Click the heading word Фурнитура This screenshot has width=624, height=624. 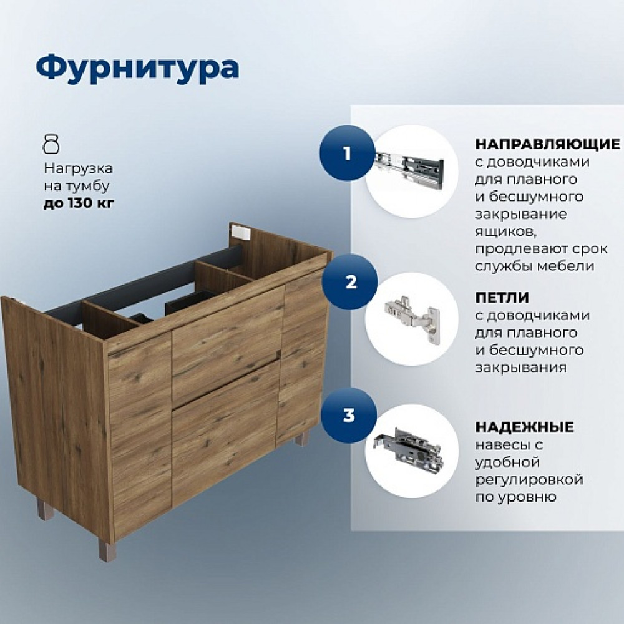[138, 69]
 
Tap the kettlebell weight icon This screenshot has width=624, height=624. [51, 144]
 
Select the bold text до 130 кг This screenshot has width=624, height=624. [79, 203]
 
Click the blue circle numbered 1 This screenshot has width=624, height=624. [348, 153]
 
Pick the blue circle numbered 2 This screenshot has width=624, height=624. [350, 282]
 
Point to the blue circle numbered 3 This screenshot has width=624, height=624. [349, 415]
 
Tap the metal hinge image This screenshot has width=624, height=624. [412, 318]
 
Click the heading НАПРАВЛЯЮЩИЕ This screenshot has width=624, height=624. [548, 144]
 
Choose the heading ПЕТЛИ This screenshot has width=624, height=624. [502, 297]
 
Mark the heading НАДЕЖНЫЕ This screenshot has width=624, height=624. [525, 427]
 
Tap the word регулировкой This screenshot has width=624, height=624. [529, 480]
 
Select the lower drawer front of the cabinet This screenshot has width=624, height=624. [224, 429]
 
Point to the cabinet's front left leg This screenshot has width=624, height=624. [107, 550]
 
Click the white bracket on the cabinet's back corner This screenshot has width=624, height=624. [240, 232]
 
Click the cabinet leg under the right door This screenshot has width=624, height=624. [301, 439]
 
